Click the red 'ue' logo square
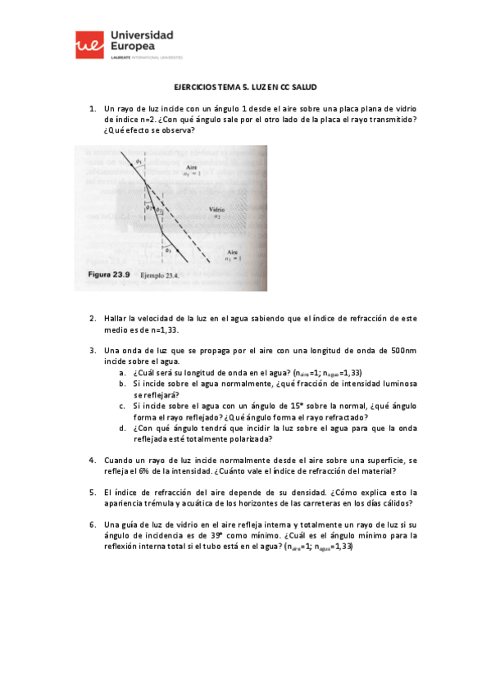pos(89,45)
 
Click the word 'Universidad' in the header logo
pos(141,37)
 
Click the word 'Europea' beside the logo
pos(130,49)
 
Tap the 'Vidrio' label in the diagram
pos(217,211)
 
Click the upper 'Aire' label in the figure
pos(192,167)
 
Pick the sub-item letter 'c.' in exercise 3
pos(122,405)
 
